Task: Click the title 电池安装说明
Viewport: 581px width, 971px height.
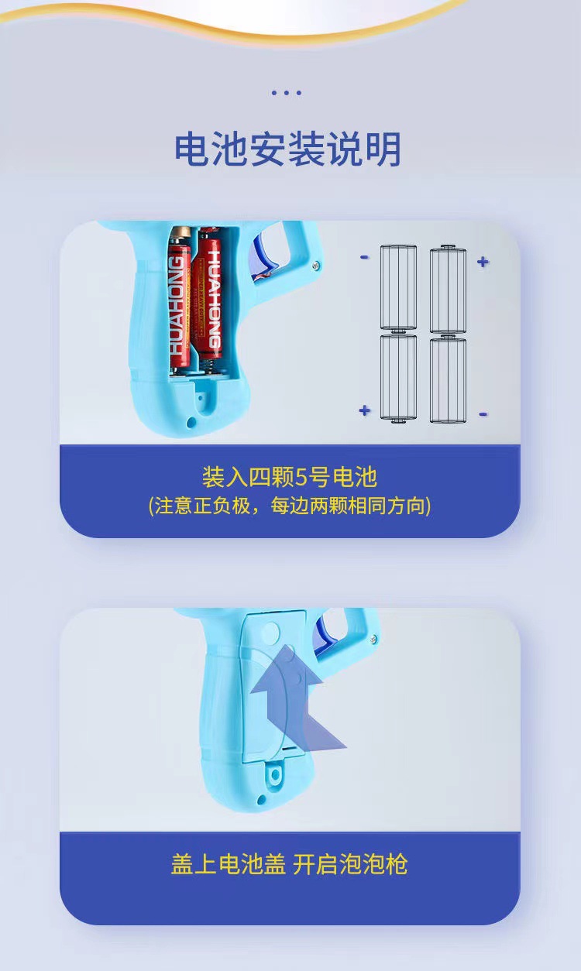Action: pyautogui.click(x=287, y=149)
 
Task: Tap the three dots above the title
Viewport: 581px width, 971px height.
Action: pyautogui.click(x=286, y=93)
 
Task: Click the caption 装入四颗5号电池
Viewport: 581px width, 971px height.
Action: pyautogui.click(x=289, y=477)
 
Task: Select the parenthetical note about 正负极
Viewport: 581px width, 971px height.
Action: pyautogui.click(x=289, y=506)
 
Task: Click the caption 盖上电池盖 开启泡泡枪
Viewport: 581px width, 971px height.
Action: pyautogui.click(x=289, y=873)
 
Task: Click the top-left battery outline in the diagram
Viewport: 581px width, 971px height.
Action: pyautogui.click(x=398, y=288)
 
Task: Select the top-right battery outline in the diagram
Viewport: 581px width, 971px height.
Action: pyautogui.click(x=448, y=288)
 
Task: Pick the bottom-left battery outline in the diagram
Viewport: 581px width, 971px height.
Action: pyautogui.click(x=398, y=378)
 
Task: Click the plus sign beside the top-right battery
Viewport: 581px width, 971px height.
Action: pyautogui.click(x=483, y=262)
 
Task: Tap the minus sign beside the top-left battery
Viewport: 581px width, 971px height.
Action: pyautogui.click(x=364, y=257)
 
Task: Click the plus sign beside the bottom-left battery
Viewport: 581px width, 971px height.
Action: pyautogui.click(x=365, y=410)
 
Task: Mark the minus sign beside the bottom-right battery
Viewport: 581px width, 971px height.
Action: pyautogui.click(x=483, y=414)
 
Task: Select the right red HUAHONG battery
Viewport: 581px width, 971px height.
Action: pyautogui.click(x=210, y=295)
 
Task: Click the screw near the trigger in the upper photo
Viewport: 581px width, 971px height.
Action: pyautogui.click(x=316, y=265)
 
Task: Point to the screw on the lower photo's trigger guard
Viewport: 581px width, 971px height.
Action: pyautogui.click(x=373, y=640)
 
